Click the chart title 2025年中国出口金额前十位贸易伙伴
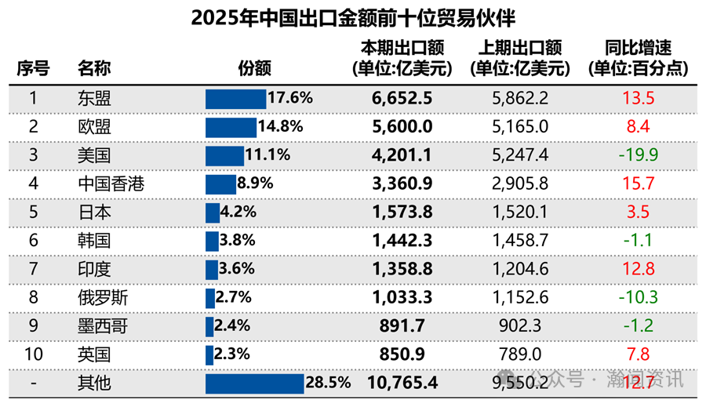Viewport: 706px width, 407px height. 353,17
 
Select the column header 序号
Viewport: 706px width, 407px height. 33,68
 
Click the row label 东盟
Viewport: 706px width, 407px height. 94,98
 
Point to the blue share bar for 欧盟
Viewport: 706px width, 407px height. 231,127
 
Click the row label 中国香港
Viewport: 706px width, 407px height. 111,184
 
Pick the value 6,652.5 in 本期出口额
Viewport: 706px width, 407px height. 401,98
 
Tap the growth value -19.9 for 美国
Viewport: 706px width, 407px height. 638,154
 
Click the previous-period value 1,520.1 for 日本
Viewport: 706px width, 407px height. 519,213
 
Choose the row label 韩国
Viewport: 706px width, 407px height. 94,241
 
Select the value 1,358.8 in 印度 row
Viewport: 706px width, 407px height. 401,269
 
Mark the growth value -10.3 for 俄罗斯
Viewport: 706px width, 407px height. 638,297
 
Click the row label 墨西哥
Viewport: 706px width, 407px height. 103,326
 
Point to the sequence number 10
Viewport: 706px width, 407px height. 33,354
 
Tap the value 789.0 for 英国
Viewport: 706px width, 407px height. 519,354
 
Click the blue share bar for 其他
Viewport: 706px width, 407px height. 254,383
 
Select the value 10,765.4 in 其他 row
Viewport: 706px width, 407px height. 401,383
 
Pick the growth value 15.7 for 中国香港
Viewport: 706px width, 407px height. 638,184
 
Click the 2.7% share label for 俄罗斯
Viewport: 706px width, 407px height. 233,297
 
